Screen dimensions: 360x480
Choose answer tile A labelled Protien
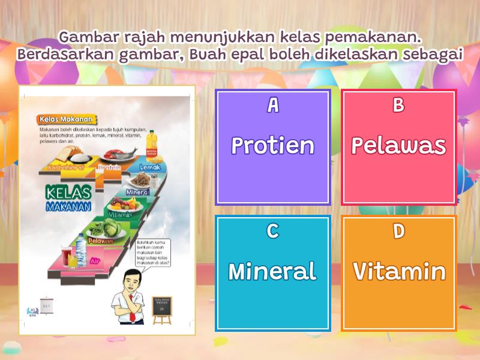(272, 147)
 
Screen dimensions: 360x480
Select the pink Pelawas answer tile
(398, 147)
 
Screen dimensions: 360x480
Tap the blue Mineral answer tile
(272, 273)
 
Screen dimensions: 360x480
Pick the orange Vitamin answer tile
(398, 273)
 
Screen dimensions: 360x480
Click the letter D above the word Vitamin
(398, 232)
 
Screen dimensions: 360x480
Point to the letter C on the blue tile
(272, 232)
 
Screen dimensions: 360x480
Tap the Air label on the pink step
(95, 262)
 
